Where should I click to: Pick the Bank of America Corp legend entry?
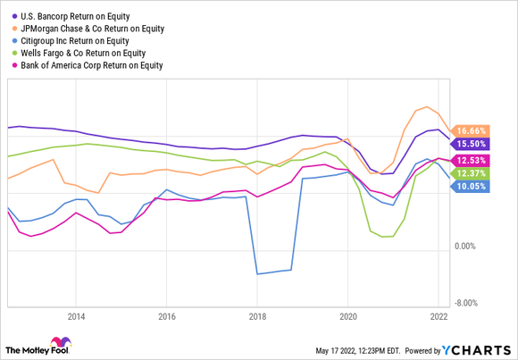95,64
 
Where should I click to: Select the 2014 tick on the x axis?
75,316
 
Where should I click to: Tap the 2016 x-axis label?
166,316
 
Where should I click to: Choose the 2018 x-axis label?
257,316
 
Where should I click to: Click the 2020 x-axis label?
348,316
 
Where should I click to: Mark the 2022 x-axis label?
439,316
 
